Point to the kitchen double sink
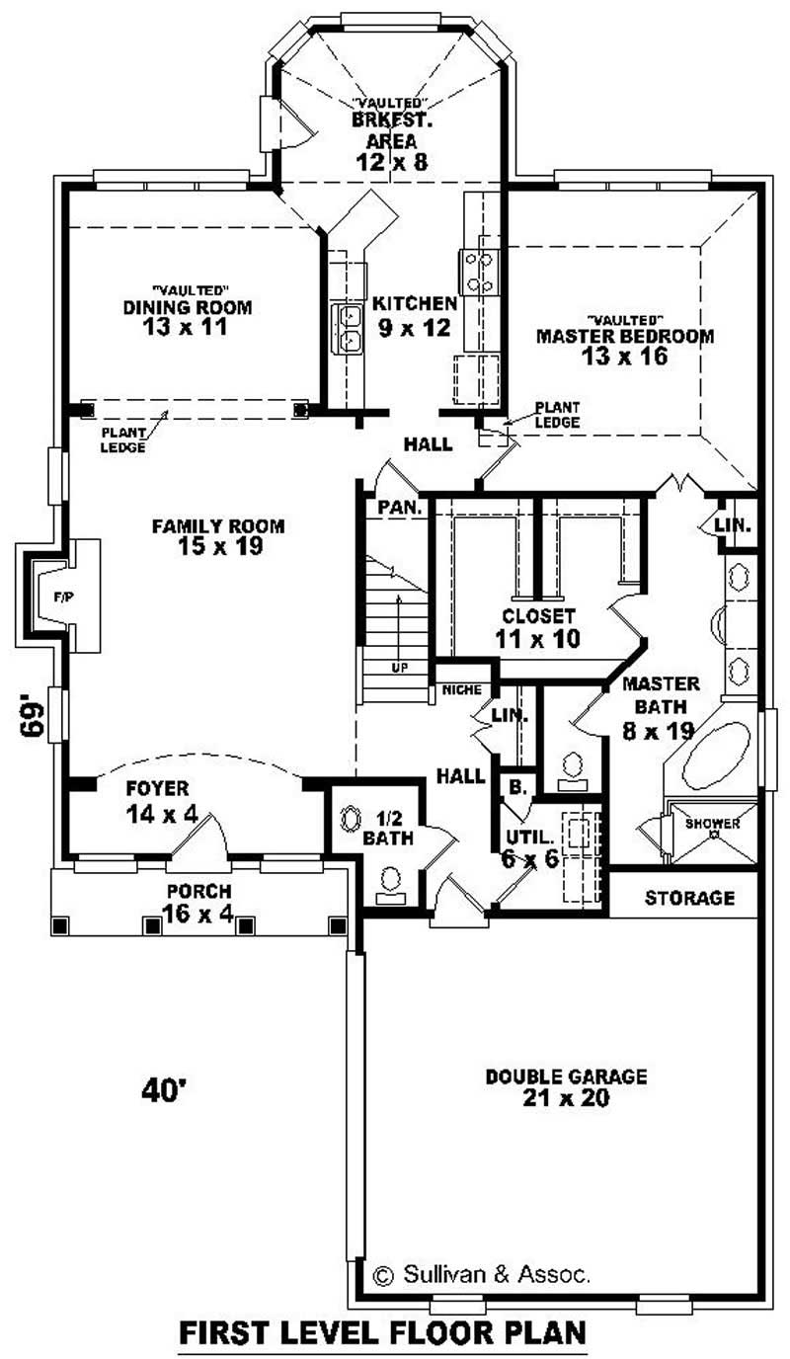[x=348, y=328]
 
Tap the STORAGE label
[x=689, y=898]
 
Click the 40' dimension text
[x=165, y=1090]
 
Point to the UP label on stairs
[x=399, y=668]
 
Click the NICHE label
[x=462, y=688]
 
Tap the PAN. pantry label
[x=401, y=509]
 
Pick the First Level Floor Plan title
[x=382, y=1332]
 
